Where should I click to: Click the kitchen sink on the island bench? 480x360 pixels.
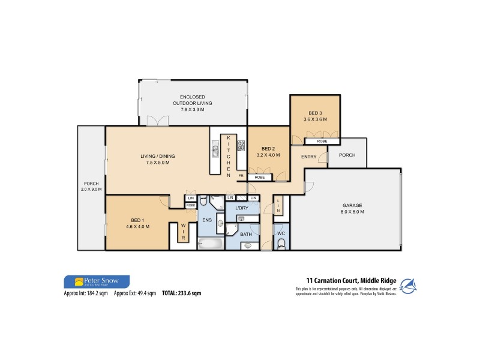coord(214,147)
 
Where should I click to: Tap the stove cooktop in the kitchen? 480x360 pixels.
coord(241,145)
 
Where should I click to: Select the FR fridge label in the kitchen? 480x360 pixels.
coord(241,175)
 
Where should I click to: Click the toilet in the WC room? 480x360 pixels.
coord(281,242)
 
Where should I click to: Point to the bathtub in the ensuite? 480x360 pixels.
coord(209,244)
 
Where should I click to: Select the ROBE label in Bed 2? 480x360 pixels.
coord(260,178)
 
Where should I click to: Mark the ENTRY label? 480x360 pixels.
coord(309,157)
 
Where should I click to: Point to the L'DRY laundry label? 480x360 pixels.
coord(241,208)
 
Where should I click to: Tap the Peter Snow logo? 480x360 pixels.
coord(96,281)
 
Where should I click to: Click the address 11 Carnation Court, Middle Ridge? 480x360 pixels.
coord(349,280)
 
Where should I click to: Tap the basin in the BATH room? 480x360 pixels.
coord(248,245)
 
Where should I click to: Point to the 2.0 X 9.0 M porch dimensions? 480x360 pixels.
coord(92,190)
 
